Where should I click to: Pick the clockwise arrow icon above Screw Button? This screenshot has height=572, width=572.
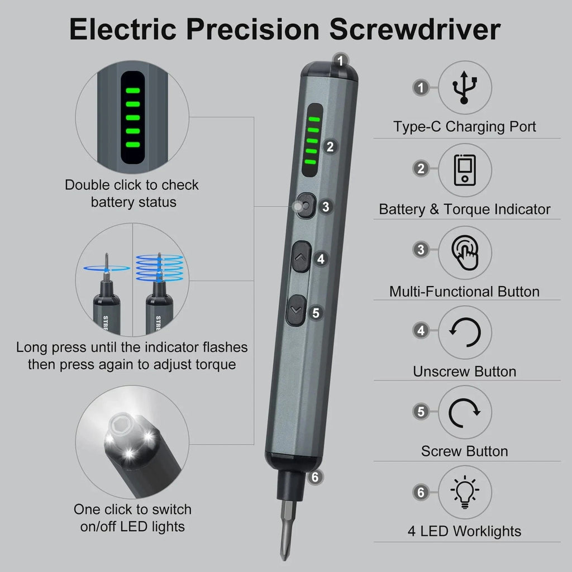coord(465,412)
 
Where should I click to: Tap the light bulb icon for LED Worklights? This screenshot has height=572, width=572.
coord(465,493)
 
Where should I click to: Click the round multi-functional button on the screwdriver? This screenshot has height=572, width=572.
coord(305,207)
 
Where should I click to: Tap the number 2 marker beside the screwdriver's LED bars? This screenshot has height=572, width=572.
coord(330,147)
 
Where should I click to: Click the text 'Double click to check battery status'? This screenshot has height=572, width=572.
coord(132,193)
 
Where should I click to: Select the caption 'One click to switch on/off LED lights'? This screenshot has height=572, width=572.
coord(132,517)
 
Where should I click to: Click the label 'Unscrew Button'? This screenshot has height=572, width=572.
coord(464,371)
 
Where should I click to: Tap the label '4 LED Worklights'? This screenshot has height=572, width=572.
coord(464,531)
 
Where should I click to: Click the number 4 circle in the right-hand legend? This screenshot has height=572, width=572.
coord(421,331)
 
